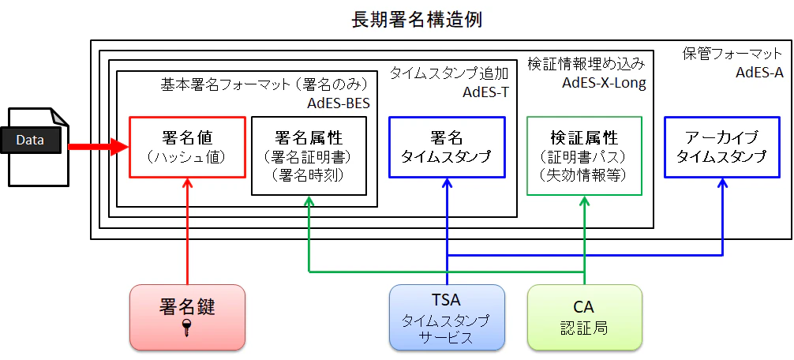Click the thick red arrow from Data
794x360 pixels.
[x=99, y=147]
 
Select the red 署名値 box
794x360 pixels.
[x=187, y=147]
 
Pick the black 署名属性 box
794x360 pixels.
[x=309, y=156]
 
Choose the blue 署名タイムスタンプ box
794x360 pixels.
[x=447, y=147]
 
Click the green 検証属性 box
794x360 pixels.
[x=584, y=156]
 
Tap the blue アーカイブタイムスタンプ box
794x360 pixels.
[x=721, y=147]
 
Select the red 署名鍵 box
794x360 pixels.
[x=187, y=317]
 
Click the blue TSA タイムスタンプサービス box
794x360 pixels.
[x=447, y=317]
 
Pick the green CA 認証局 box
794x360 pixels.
[x=584, y=317]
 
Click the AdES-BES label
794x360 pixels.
[x=339, y=103]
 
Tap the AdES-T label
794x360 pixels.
[x=485, y=93]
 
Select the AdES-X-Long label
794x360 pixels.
[x=604, y=84]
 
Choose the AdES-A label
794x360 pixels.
[x=759, y=73]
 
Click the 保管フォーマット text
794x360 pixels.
[x=732, y=54]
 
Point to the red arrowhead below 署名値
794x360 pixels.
[x=187, y=183]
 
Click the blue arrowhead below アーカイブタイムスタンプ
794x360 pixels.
[x=722, y=183]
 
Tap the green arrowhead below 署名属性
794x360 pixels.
[x=309, y=201]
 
